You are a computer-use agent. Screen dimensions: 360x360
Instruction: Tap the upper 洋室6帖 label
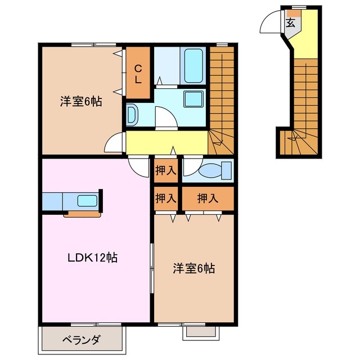pyautogui.click(x=81, y=102)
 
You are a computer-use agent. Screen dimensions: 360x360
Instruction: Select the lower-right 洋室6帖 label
pyautogui.click(x=193, y=268)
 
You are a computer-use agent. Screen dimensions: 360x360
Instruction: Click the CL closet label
pyautogui.click(x=138, y=74)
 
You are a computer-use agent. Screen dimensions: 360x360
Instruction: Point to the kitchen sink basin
pyautogui.click(x=87, y=200)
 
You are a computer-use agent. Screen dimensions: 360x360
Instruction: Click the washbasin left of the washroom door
pyautogui.click(x=132, y=115)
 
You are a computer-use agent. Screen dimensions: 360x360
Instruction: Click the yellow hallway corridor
pyautogui.click(x=166, y=142)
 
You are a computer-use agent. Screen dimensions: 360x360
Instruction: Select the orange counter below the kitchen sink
pyautogui.click(x=82, y=213)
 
